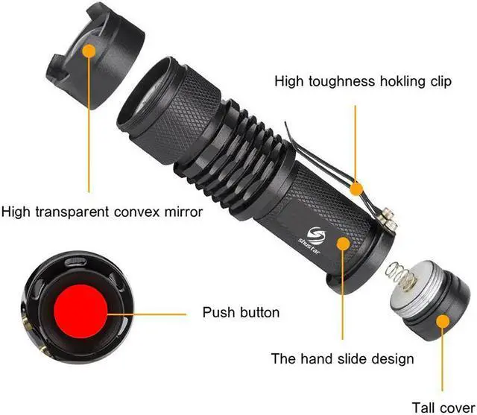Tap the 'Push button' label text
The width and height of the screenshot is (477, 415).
[241, 312]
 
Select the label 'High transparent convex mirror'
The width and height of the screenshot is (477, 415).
[102, 212]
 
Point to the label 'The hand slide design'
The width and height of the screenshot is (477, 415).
[342, 358]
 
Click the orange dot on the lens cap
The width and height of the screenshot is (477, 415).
[89, 51]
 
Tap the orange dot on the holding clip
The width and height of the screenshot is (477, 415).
[357, 188]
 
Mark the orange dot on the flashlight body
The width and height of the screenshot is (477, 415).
[344, 244]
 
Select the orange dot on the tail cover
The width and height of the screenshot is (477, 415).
[442, 322]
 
